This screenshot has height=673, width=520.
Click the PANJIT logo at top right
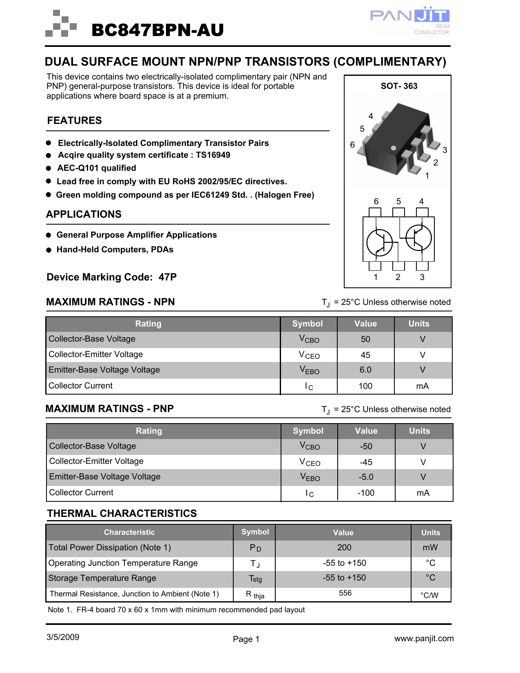coord(410,20)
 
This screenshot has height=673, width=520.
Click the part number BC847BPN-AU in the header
coord(157,30)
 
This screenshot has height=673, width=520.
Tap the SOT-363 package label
coord(399,86)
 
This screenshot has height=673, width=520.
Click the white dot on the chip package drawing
coord(393,148)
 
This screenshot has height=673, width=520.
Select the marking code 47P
coord(168,277)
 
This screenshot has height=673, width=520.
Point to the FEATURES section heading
coord(74,121)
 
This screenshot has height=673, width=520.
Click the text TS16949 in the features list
coord(213,155)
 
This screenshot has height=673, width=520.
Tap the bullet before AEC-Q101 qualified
coord(49,168)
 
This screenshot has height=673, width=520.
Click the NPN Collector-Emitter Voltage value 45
coord(365,355)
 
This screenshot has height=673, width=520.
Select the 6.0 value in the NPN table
coord(365,370)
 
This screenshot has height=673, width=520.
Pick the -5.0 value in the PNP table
coord(366,477)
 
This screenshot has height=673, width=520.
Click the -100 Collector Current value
coord(366,493)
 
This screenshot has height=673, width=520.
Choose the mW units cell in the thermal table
coord(430,548)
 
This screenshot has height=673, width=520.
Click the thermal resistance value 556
coord(345,593)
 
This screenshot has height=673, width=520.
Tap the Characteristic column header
coord(129,532)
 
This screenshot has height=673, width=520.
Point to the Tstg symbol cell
coord(256,579)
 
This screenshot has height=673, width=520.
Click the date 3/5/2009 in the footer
coord(63,638)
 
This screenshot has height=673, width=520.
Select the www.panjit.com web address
coord(424,639)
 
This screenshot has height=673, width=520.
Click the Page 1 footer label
coord(246,639)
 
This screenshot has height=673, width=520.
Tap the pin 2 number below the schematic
coord(398,278)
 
